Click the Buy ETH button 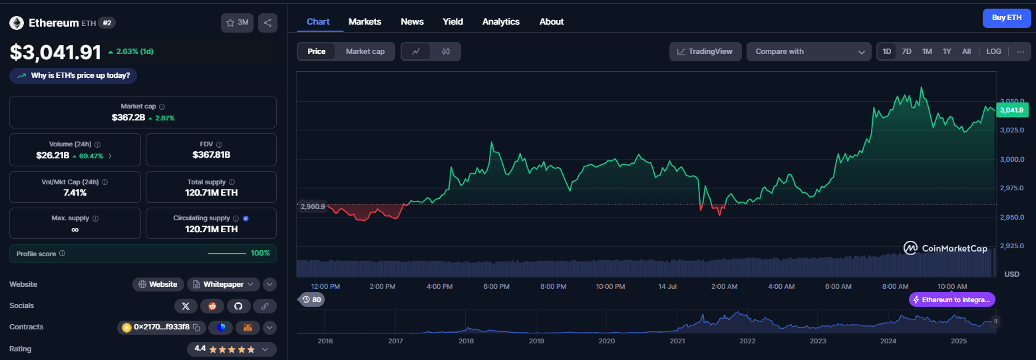point(1007,18)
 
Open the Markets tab point(365,22)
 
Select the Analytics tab point(501,22)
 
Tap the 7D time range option point(906,51)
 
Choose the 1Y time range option point(947,51)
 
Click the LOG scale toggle point(993,51)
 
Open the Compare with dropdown point(809,51)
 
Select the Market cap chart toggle point(365,51)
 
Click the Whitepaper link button point(224,284)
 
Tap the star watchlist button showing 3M point(238,23)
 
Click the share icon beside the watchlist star point(267,23)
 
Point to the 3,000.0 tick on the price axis point(1012,159)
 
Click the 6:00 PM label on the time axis point(496,286)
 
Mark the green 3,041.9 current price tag point(1012,110)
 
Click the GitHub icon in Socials point(238,306)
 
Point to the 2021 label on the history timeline point(677,341)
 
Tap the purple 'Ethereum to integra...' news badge point(951,300)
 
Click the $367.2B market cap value point(128,118)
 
